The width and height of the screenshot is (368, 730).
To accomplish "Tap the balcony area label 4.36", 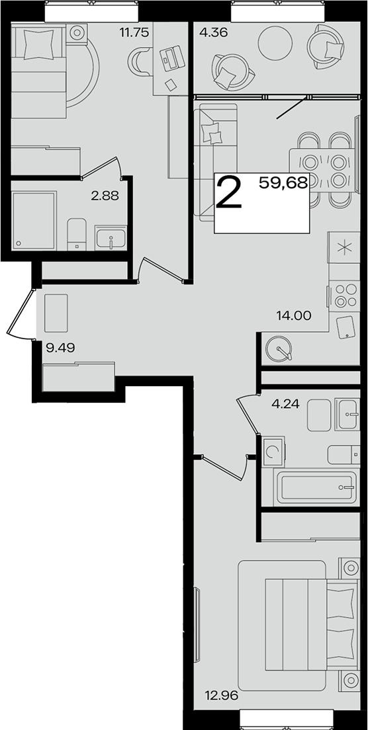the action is click(212, 33).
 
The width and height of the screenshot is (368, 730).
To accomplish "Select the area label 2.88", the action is click(105, 196).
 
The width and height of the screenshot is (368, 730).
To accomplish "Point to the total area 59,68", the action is click(283, 183).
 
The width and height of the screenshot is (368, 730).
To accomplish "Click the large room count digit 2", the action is click(229, 192).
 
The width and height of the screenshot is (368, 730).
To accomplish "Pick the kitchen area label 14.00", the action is click(293, 315).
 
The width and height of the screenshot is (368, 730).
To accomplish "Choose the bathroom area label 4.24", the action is click(285, 403).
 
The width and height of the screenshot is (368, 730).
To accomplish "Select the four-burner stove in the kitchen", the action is click(345, 296).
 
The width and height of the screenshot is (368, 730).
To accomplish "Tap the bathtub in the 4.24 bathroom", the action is click(316, 487).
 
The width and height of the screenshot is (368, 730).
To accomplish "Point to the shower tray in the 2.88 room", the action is click(34, 220).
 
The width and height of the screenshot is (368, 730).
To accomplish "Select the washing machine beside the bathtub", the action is click(273, 451).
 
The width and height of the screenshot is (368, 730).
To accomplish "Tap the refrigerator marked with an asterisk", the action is click(344, 247).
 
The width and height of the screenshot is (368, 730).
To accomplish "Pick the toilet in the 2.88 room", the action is click(76, 234).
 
